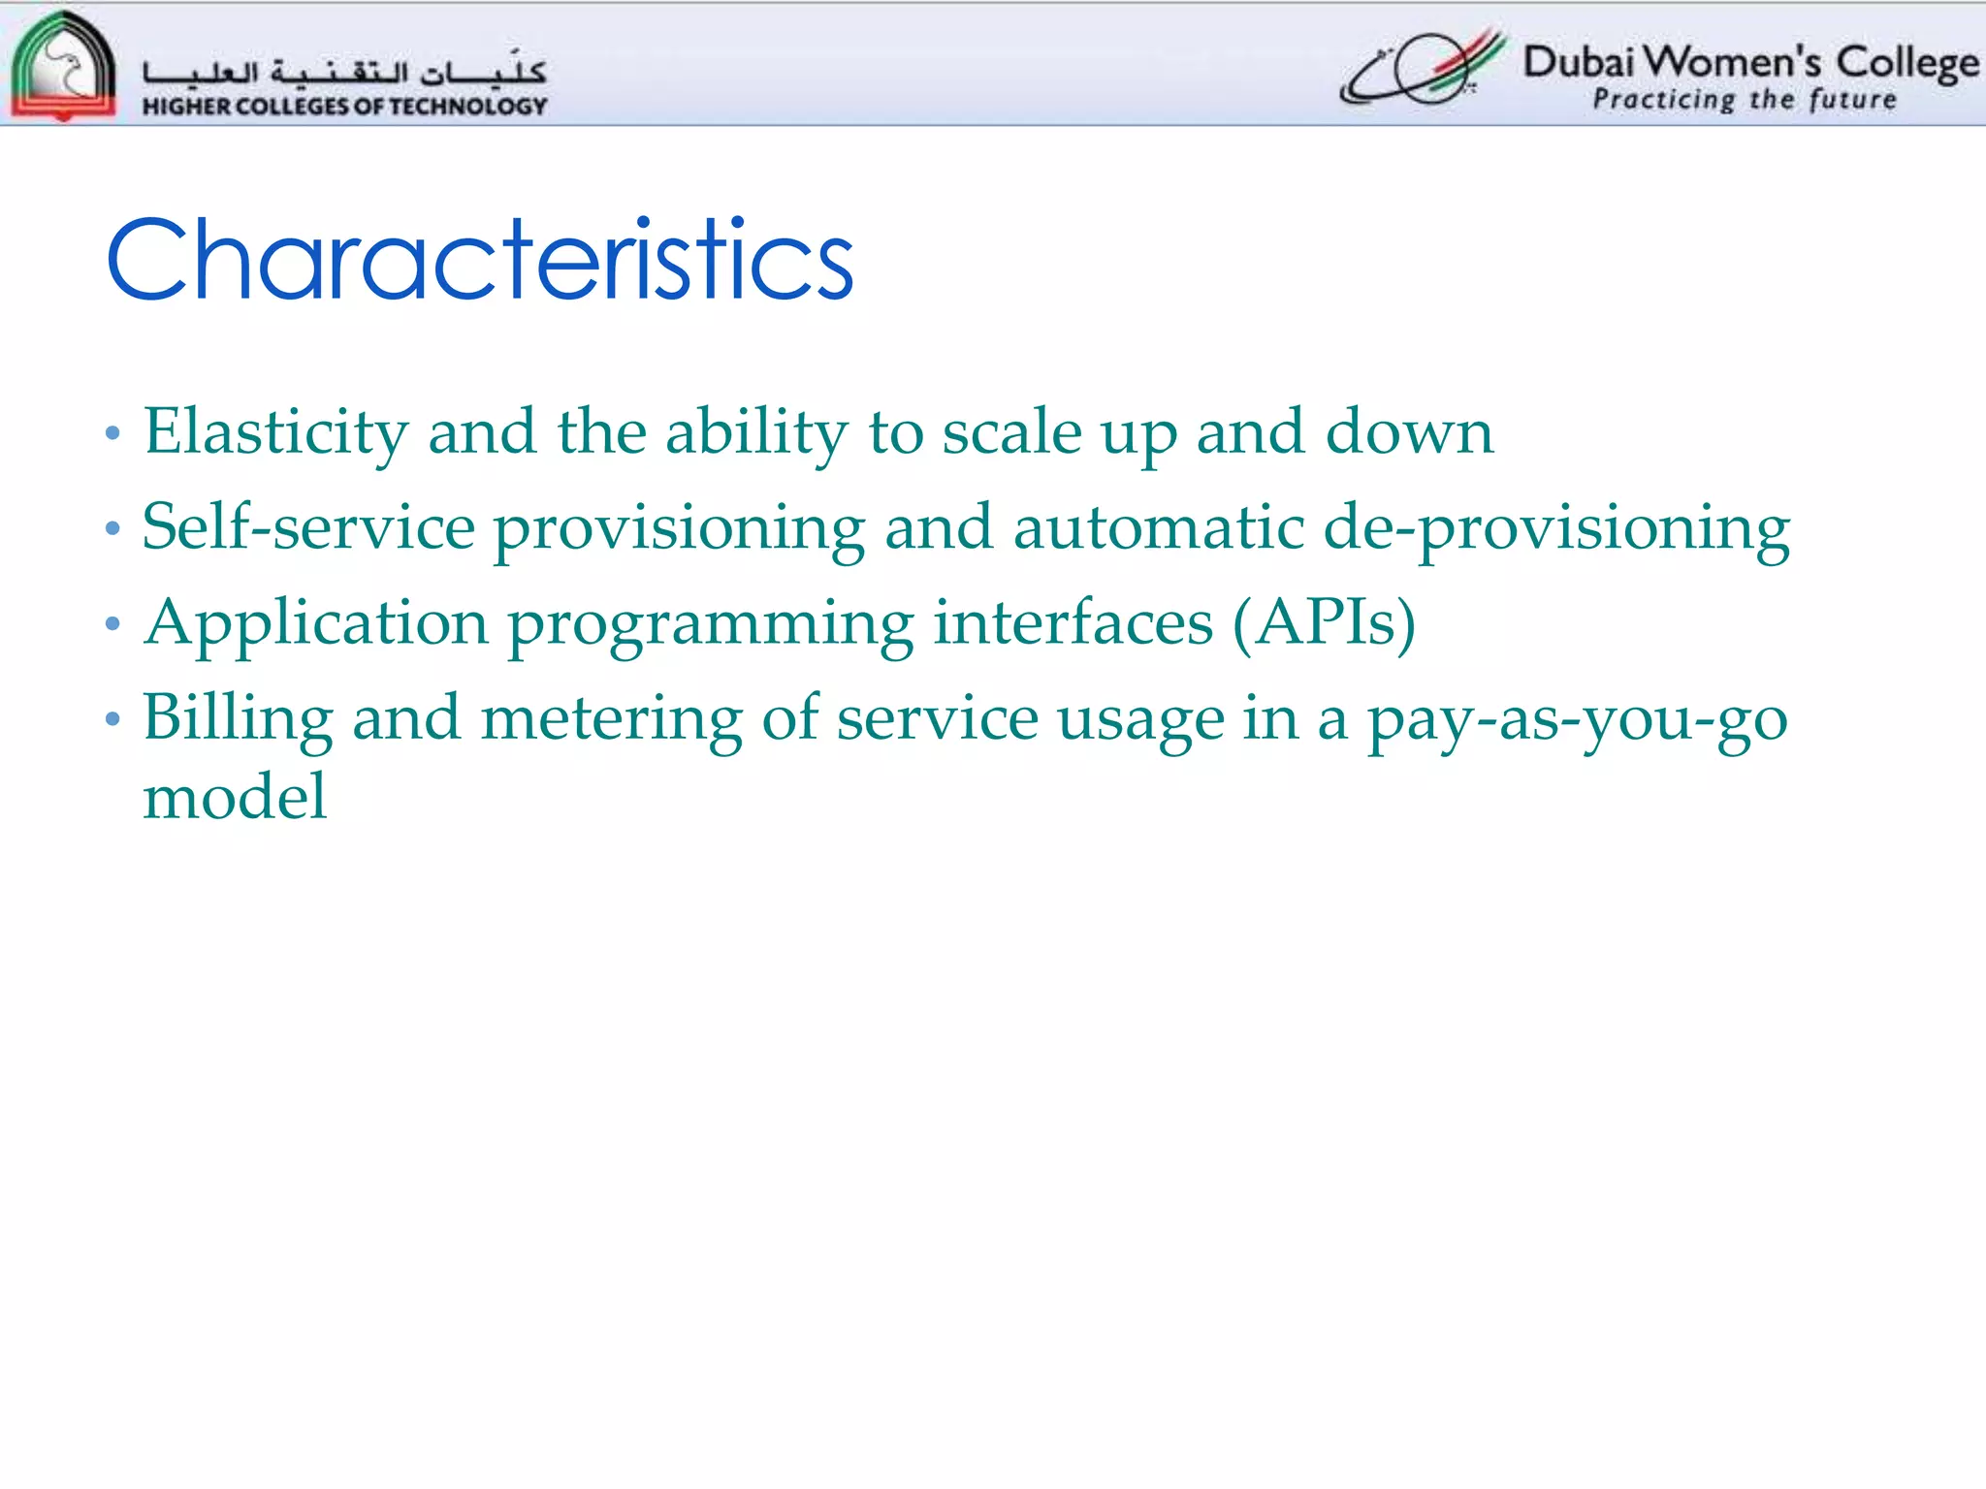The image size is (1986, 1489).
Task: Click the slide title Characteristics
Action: click(480, 260)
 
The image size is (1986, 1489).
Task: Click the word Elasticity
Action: click(276, 432)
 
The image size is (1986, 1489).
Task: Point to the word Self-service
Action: click(308, 528)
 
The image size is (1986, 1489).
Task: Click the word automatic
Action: click(1158, 528)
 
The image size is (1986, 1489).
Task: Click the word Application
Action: click(316, 624)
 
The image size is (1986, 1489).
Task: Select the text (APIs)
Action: click(1324, 624)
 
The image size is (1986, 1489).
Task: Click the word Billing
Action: click(238, 719)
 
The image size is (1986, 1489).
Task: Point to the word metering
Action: click(612, 719)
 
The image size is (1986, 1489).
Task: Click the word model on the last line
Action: click(235, 797)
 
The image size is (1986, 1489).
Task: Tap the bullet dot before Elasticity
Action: click(112, 433)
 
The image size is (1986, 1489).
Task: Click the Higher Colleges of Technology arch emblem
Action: click(63, 66)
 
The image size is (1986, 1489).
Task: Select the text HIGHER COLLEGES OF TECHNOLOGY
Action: click(344, 106)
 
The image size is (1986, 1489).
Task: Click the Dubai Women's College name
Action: click(1750, 62)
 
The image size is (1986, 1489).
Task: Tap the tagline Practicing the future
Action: click(1744, 100)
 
